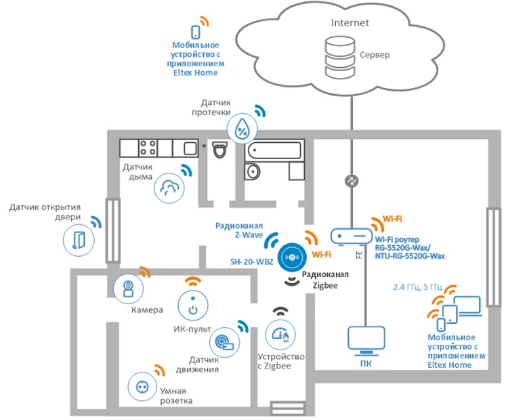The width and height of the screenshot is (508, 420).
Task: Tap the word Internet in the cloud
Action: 350,22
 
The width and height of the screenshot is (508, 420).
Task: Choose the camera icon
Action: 127,289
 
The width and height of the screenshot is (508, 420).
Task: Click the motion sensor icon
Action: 224,341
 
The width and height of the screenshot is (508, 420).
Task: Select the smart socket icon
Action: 143,386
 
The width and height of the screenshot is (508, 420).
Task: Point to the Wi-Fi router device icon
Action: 351,236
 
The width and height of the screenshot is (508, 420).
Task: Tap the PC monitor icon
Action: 365,341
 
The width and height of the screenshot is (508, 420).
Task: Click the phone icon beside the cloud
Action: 196,31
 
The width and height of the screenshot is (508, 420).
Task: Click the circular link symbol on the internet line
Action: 352,181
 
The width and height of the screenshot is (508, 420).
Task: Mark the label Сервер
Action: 374,54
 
